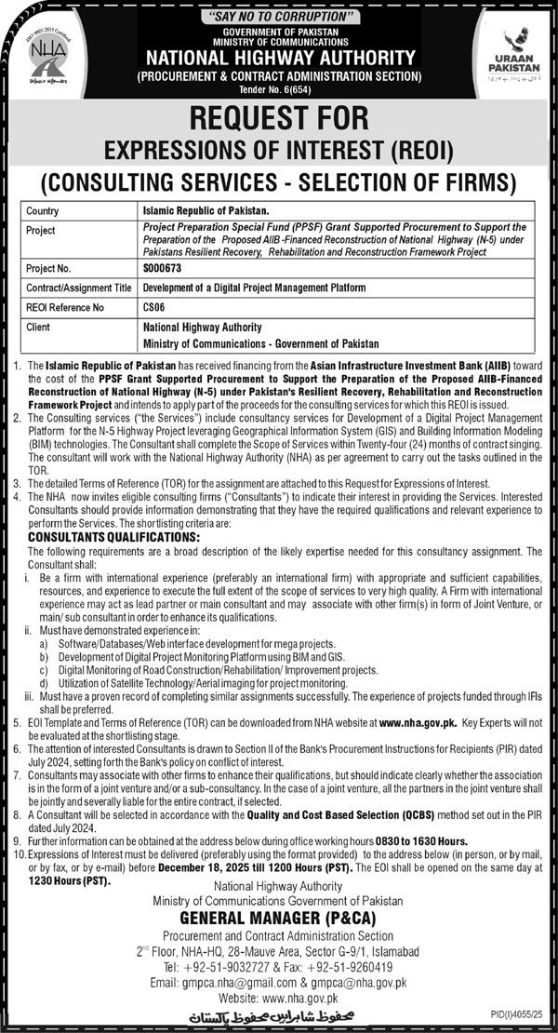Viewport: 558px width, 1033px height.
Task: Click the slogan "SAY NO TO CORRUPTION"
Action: click(279, 16)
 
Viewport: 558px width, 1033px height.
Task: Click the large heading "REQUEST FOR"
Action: click(279, 118)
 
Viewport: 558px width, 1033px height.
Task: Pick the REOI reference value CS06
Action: click(153, 307)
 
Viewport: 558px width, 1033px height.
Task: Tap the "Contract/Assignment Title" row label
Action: click(80, 288)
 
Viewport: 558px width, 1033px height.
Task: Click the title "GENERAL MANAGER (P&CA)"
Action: click(279, 917)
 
